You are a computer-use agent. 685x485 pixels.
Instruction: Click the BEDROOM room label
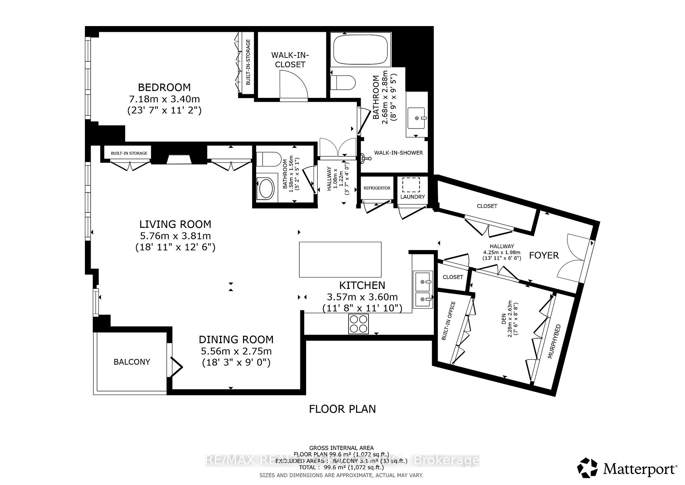164,87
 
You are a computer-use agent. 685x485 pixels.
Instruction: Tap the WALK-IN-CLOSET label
290,60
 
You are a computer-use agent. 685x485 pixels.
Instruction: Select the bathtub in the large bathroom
360,50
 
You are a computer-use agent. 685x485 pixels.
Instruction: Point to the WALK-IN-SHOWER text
398,153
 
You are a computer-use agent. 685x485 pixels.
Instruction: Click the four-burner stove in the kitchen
358,324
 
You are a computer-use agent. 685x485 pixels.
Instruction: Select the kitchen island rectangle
340,259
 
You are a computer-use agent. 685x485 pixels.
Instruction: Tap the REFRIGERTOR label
377,188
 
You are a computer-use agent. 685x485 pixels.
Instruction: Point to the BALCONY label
132,362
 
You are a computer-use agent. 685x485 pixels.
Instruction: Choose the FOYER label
544,255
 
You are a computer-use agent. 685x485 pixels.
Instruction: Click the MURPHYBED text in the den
554,342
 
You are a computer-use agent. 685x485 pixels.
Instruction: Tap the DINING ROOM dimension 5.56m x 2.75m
236,351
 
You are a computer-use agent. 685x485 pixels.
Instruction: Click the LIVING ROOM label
175,224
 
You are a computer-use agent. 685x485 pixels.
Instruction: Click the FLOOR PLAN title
342,409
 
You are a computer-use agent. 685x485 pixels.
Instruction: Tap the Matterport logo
627,468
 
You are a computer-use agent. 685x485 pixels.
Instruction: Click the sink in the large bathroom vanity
417,118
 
